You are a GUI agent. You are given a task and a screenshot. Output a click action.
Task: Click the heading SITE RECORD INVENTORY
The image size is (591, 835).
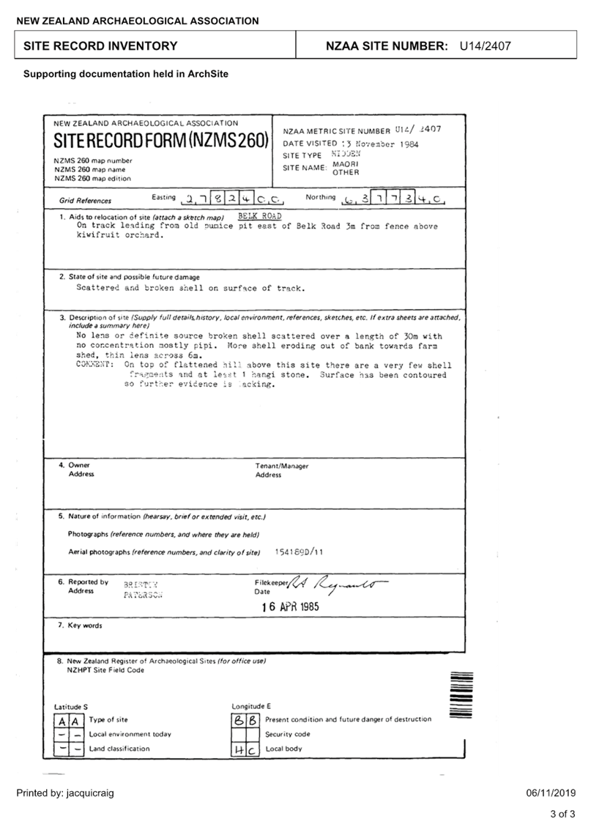click(x=100, y=45)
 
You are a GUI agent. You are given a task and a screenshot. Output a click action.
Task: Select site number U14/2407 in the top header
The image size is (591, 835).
click(x=485, y=46)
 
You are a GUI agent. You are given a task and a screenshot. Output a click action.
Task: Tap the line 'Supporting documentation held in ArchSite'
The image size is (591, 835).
click(x=125, y=74)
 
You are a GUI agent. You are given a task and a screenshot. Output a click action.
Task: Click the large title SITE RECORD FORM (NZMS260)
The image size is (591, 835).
click(x=161, y=140)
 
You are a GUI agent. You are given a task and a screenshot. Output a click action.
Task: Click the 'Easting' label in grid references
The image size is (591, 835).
click(x=163, y=197)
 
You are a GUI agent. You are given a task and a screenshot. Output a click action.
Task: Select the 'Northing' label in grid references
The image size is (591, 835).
click(x=320, y=197)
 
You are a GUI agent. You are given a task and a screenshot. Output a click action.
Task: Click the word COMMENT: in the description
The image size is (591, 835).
click(x=95, y=364)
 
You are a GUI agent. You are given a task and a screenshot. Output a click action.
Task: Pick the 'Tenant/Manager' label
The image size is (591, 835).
click(x=281, y=466)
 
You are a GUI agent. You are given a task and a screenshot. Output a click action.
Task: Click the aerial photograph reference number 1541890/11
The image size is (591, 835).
click(x=299, y=552)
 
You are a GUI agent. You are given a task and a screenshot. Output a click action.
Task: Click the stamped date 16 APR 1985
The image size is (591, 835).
click(x=291, y=607)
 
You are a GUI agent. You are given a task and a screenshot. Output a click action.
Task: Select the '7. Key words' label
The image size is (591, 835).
click(x=81, y=626)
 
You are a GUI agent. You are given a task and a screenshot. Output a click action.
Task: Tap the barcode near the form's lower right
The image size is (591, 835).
click(x=460, y=689)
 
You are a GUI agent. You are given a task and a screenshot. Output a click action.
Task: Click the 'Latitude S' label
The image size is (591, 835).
click(x=71, y=706)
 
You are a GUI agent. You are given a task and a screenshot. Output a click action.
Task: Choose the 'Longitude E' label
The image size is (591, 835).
click(x=251, y=706)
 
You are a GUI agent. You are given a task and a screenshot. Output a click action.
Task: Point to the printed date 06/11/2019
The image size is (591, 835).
click(x=551, y=793)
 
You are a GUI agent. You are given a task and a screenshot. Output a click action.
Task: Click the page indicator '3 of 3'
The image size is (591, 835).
click(x=562, y=814)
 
